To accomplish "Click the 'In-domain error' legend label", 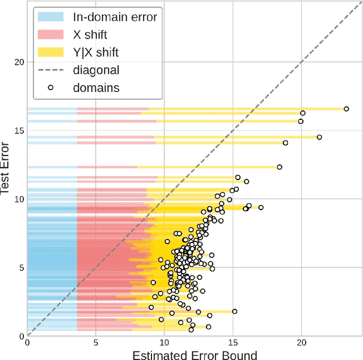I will pyautogui.click(x=115, y=16).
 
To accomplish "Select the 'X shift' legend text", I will pyautogui.click(x=90, y=35).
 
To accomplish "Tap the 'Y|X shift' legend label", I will pyautogui.click(x=96, y=52).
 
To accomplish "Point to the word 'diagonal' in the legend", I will pyautogui.click(x=96, y=70).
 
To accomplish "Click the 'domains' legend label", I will pyautogui.click(x=95, y=87).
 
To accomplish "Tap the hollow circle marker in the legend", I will pyautogui.click(x=51, y=87).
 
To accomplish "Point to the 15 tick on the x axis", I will pyautogui.click(x=233, y=342).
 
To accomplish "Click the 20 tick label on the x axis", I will pyautogui.click(x=301, y=342).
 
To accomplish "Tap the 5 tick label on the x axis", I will pyautogui.click(x=96, y=342).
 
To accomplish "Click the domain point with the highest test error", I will pyautogui.click(x=346, y=108).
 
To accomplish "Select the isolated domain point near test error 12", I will pyautogui.click(x=279, y=167).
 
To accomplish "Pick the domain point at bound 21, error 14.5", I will pyautogui.click(x=319, y=137).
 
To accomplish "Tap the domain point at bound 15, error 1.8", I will pyautogui.click(x=234, y=311).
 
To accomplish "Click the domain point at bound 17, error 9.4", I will pyautogui.click(x=260, y=207).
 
